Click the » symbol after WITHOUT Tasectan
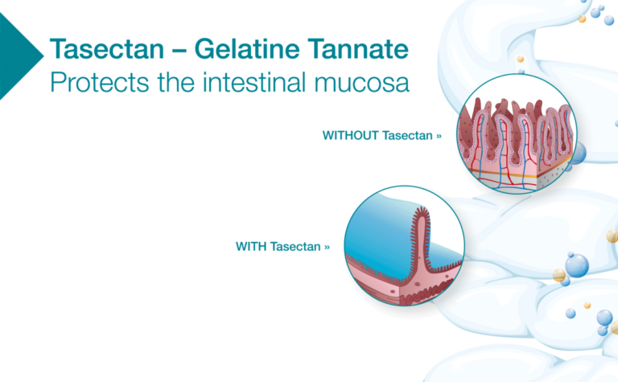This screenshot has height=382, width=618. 439,137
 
